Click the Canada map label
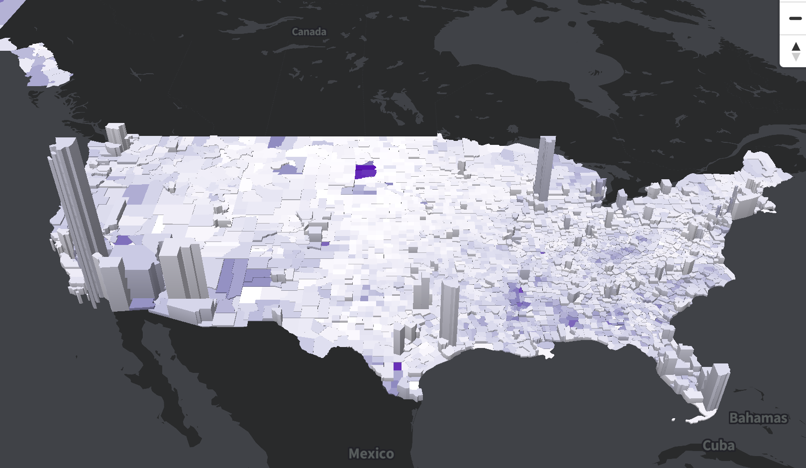[x=309, y=32]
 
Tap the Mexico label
[x=371, y=454]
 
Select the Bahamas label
[x=758, y=418]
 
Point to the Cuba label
[x=718, y=445]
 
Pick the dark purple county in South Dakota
[x=365, y=171]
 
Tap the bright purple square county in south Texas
[x=397, y=366]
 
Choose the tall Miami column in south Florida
[x=717, y=388]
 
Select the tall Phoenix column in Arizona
[x=182, y=269]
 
